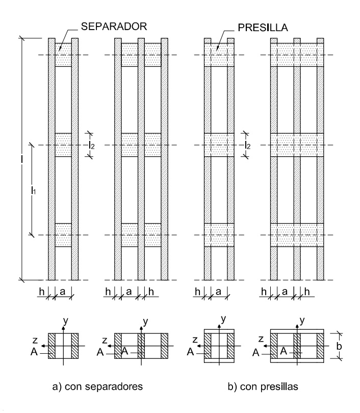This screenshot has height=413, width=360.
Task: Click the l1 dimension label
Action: click(x=33, y=190)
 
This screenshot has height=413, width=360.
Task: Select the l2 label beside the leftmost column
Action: click(x=91, y=145)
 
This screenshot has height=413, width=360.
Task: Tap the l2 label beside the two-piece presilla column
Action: click(x=248, y=145)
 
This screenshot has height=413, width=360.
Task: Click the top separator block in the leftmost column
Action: click(x=63, y=55)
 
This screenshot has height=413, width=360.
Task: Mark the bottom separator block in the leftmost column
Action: click(x=63, y=235)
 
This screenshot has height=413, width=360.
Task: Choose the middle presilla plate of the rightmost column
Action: click(x=296, y=145)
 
